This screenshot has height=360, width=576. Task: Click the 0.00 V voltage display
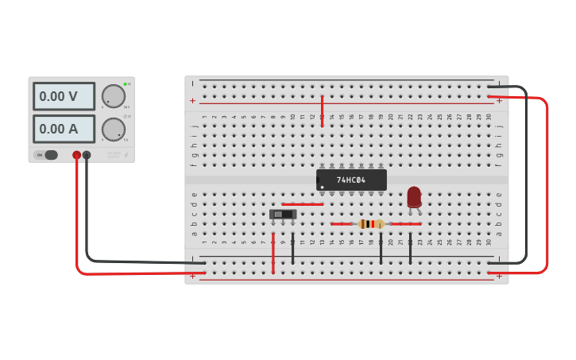(x=64, y=97)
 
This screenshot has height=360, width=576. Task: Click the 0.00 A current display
(x=64, y=129)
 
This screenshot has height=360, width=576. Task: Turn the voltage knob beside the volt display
(x=114, y=96)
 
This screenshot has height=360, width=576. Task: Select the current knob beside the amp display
(x=114, y=130)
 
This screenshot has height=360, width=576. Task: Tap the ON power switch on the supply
(x=50, y=155)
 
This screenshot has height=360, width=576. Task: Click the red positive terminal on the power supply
(x=77, y=156)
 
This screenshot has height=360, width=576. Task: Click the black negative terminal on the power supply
(x=87, y=156)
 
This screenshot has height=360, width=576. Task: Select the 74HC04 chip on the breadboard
(x=351, y=180)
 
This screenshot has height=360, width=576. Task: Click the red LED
(x=414, y=197)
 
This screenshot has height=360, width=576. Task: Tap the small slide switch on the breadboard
(x=282, y=214)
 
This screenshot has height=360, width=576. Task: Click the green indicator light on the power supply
(x=125, y=83)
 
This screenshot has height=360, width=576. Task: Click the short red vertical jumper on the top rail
(x=322, y=111)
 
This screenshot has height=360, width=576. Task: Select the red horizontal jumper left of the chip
(x=303, y=204)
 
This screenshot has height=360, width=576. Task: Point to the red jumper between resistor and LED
(x=405, y=224)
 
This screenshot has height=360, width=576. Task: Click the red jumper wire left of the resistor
(x=341, y=224)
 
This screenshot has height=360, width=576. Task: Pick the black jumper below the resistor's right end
(x=381, y=248)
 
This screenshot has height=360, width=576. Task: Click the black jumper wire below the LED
(x=410, y=248)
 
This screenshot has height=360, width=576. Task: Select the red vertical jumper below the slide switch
(x=273, y=253)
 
